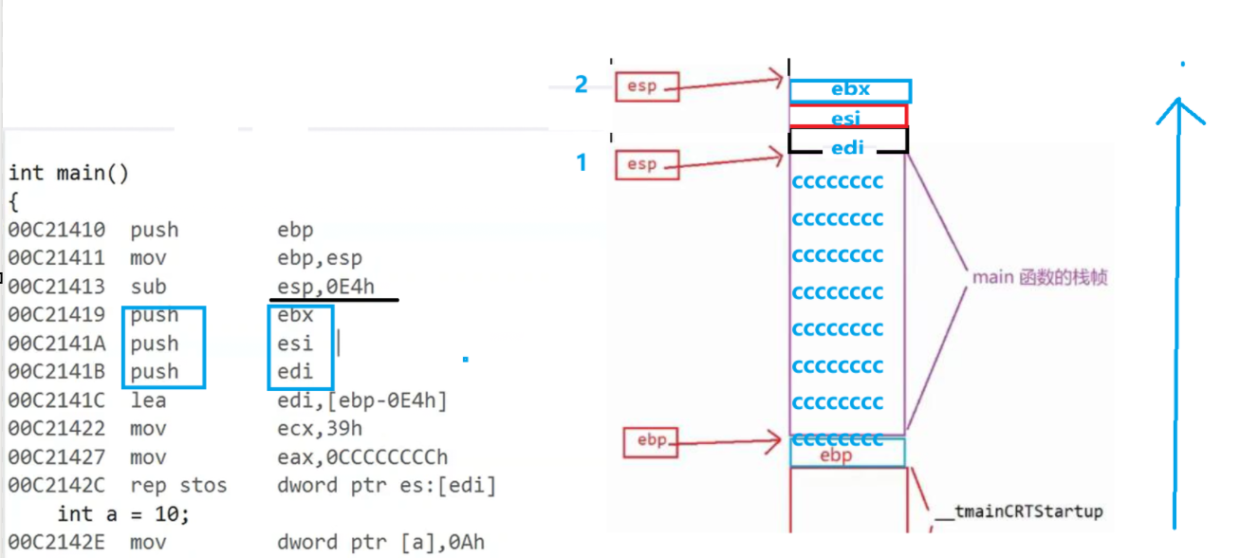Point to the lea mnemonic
[x=148, y=400]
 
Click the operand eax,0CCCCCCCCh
[x=362, y=457]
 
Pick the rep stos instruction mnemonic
[x=178, y=486]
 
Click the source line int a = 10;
[x=123, y=514]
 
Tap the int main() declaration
[x=68, y=173]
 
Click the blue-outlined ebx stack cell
[x=850, y=90]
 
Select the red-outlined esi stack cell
[x=847, y=117]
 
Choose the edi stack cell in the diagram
[x=847, y=147]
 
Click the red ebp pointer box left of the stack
[x=652, y=440]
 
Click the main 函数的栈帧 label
[x=1040, y=278]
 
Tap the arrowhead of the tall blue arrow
[x=1178, y=107]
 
